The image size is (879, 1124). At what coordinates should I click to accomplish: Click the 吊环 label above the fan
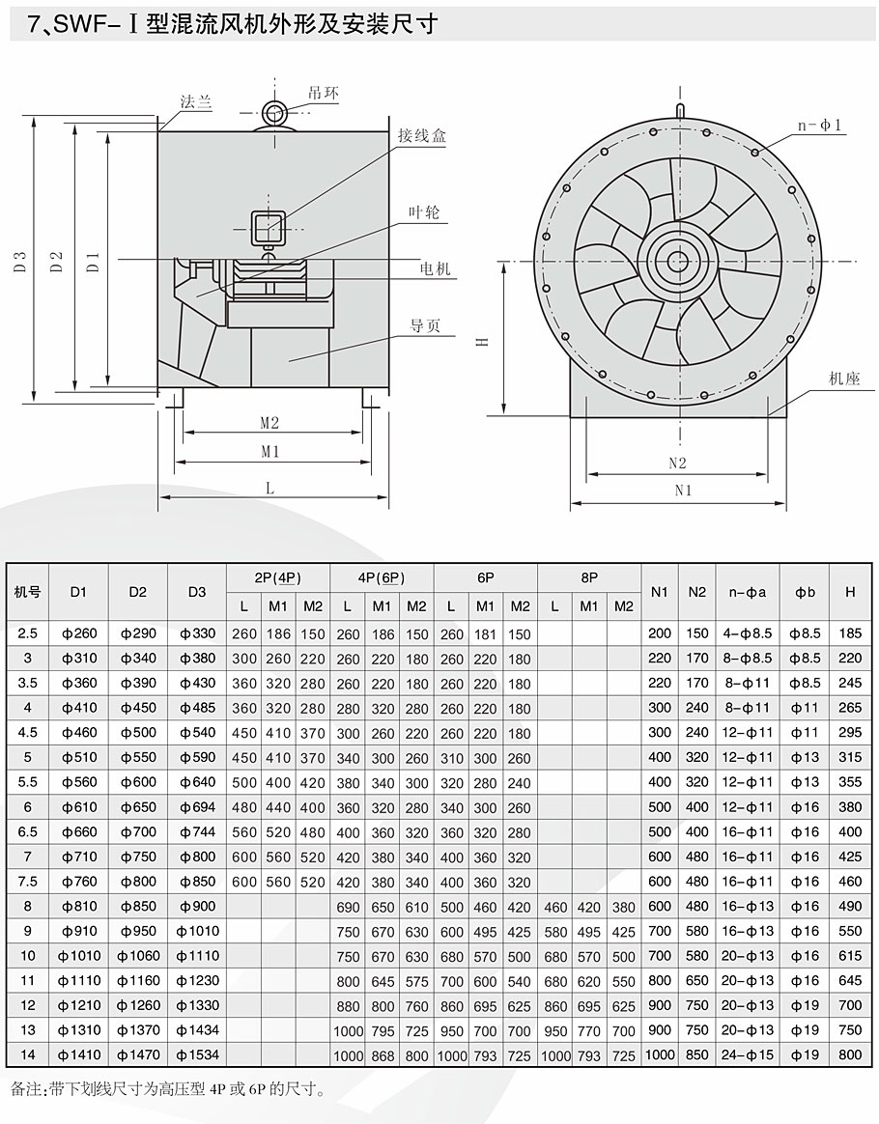[325, 93]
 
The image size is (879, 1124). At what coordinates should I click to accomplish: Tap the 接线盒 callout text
[423, 136]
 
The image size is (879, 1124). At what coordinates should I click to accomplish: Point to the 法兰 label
[196, 101]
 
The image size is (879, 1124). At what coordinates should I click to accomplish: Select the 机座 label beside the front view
[843, 379]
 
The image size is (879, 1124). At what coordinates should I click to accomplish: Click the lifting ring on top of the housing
[276, 114]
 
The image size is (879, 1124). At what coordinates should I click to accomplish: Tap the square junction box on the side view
[268, 228]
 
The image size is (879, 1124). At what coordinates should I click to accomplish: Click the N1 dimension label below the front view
[683, 491]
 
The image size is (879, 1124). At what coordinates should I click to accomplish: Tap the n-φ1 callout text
[821, 126]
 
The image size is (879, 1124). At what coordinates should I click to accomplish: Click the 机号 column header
[27, 592]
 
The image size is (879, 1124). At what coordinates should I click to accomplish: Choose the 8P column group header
[589, 577]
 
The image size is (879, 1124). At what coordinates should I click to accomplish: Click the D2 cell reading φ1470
[137, 1054]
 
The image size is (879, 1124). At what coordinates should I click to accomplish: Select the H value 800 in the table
[850, 1054]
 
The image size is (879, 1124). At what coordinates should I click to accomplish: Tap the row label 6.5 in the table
[27, 831]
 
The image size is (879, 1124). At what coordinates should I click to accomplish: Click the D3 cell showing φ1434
[197, 1030]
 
